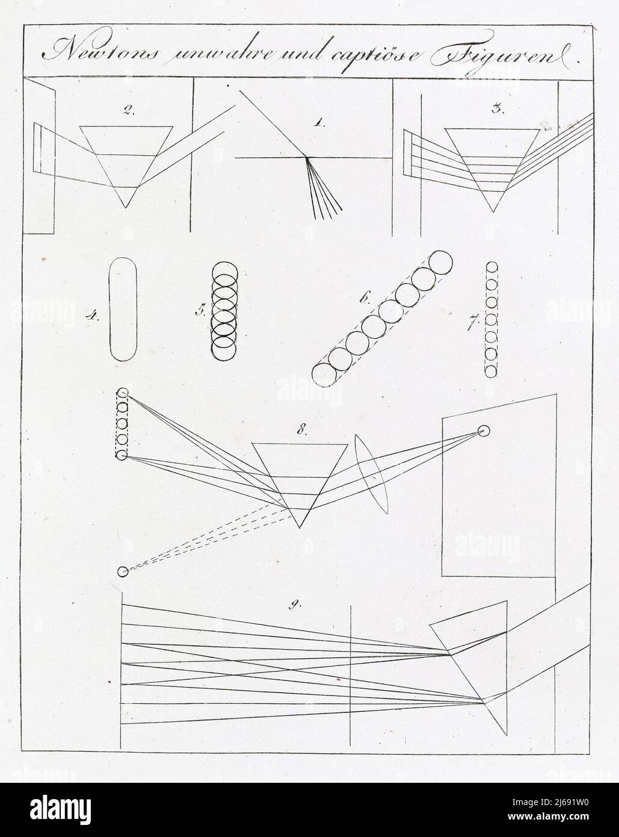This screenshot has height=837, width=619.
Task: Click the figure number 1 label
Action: pyautogui.click(x=320, y=123)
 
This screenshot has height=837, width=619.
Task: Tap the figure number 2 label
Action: pyautogui.click(x=129, y=110)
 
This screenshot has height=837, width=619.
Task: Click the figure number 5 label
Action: pyautogui.click(x=200, y=311)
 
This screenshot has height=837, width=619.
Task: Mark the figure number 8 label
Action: pyautogui.click(x=301, y=431)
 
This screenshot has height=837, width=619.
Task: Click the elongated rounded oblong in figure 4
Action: pyautogui.click(x=109, y=310)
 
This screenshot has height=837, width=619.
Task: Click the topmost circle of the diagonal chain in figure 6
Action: pyautogui.click(x=440, y=262)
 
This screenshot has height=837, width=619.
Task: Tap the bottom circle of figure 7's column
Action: pyautogui.click(x=491, y=372)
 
